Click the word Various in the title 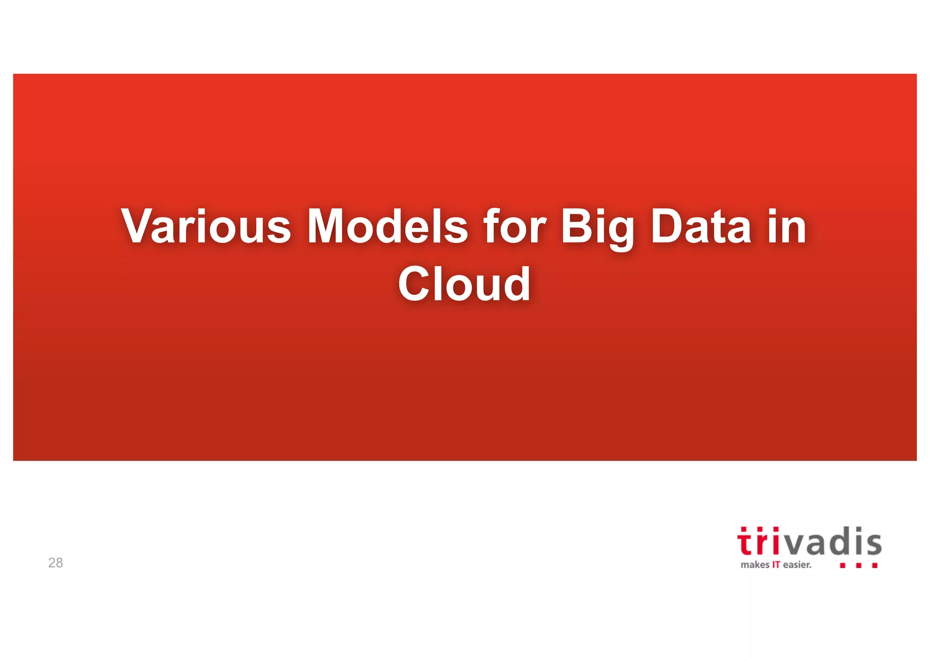coord(206,226)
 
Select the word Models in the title coord(387,226)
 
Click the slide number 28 coord(55,563)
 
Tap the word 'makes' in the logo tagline coord(755,565)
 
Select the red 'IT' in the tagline coord(776,565)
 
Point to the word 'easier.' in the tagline coord(797,565)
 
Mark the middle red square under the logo coord(859,566)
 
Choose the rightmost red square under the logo coord(875,566)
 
